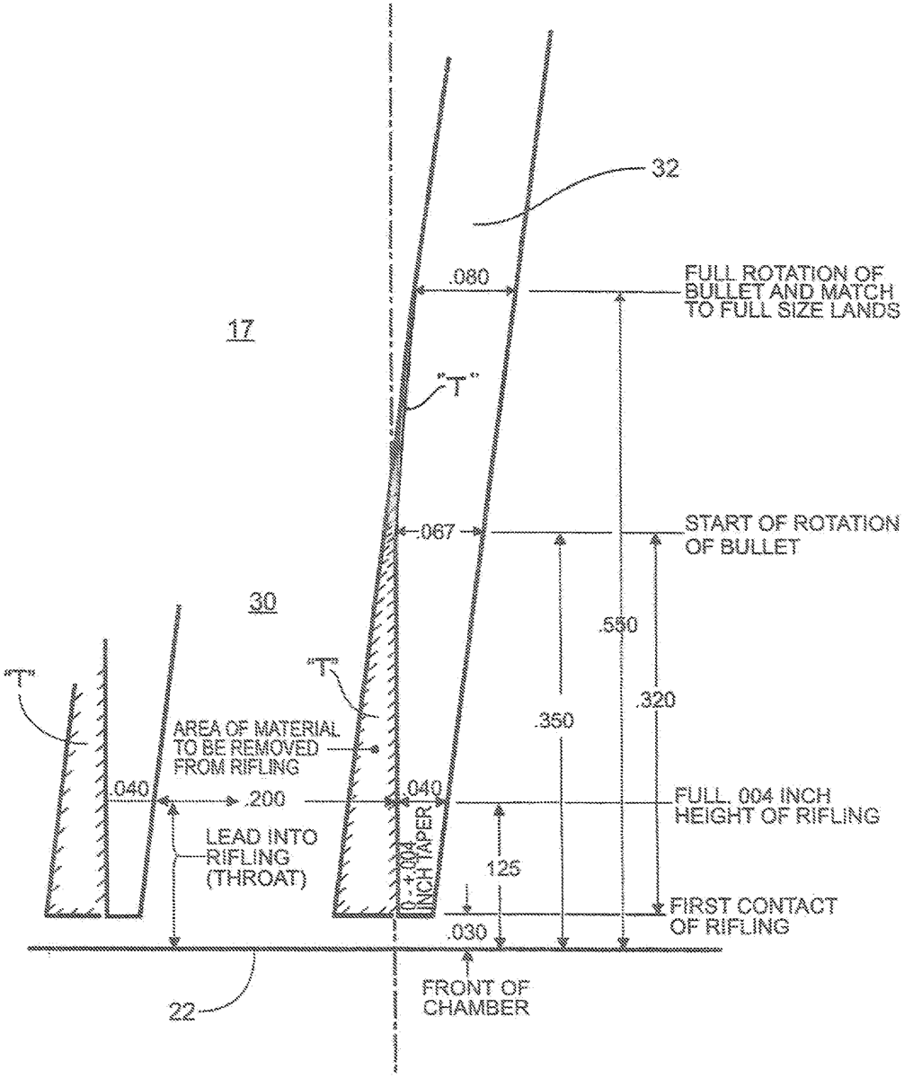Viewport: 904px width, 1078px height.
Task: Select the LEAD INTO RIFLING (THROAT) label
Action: [x=254, y=858]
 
